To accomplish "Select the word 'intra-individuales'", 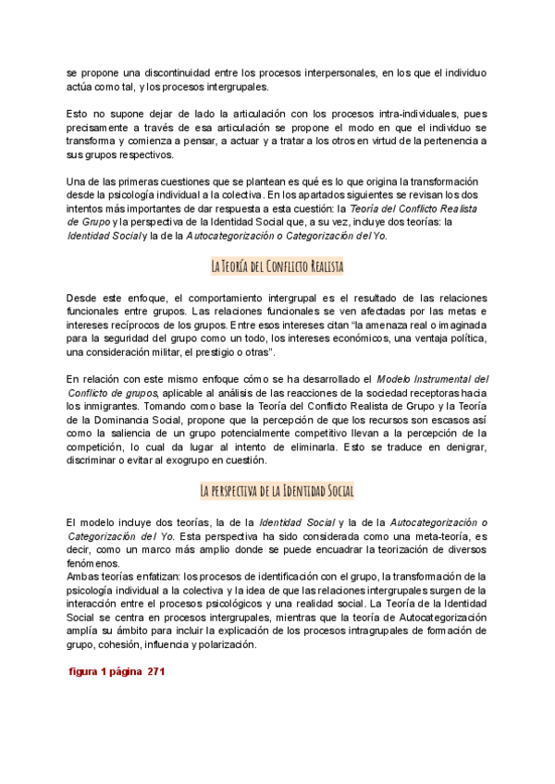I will pos(391,113).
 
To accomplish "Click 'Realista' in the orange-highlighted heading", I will pos(325,267).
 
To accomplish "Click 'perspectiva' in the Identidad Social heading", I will pos(241,491).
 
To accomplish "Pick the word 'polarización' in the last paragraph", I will pos(222,644).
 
